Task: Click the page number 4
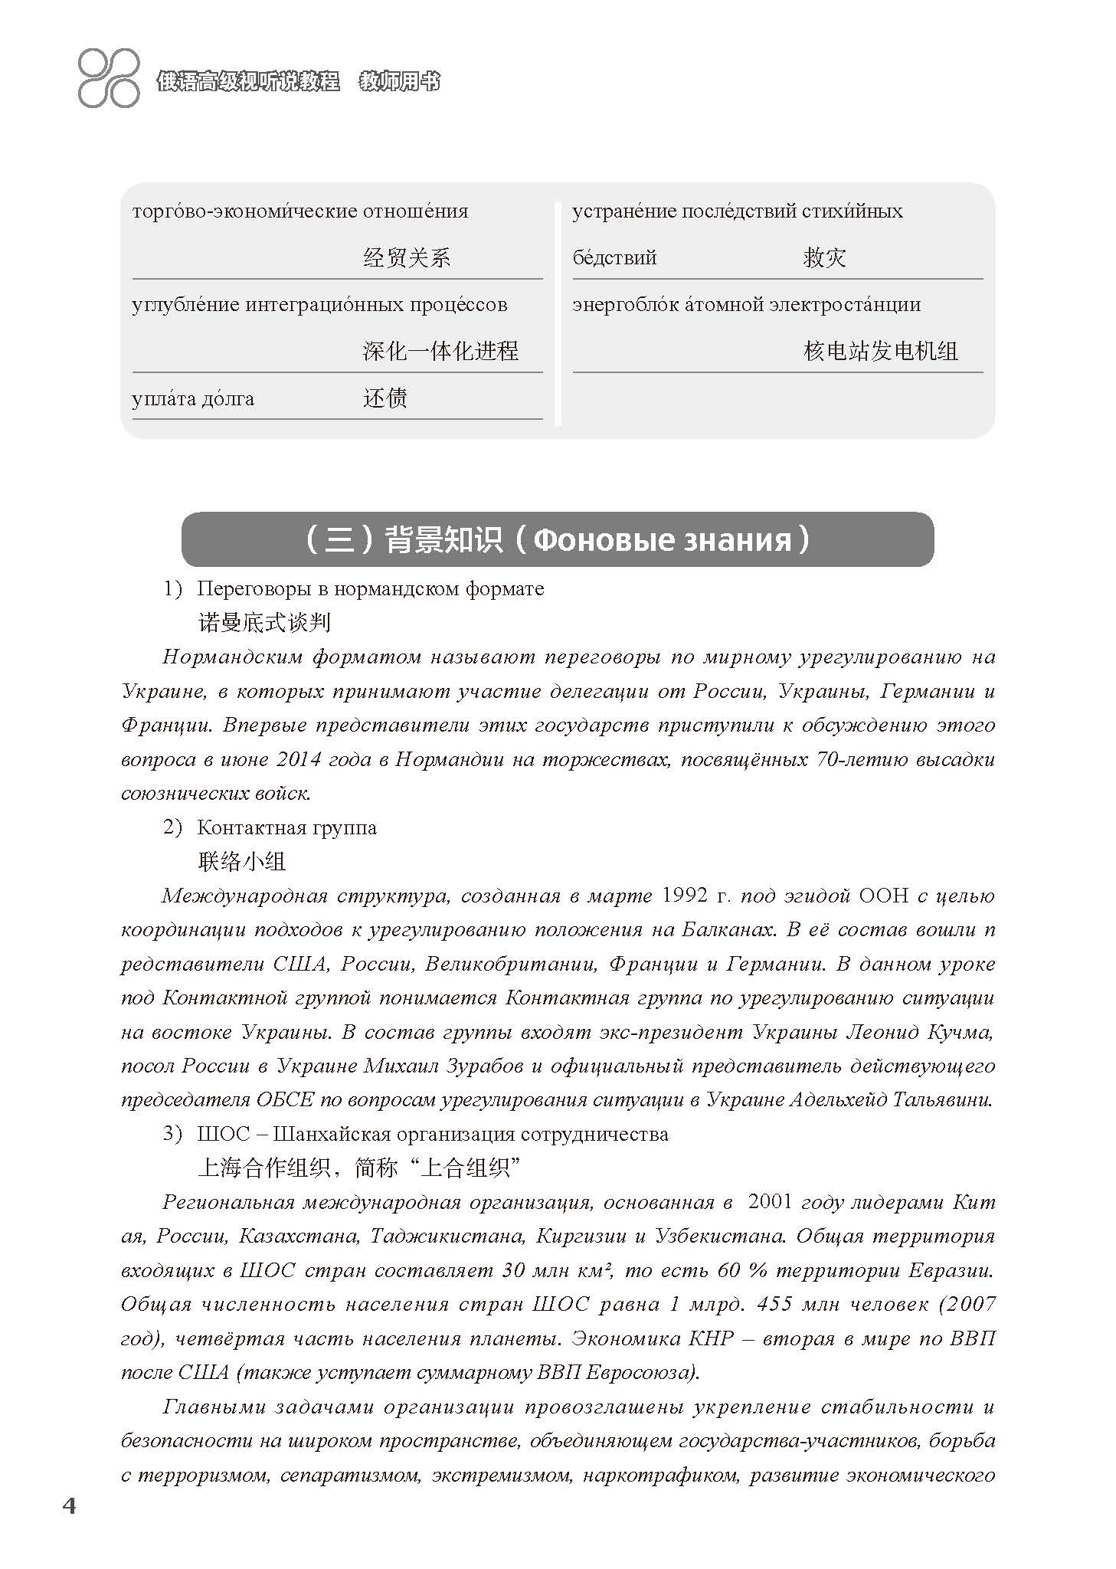tap(69, 1505)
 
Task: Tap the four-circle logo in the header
tap(109, 77)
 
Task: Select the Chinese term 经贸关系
tap(406, 257)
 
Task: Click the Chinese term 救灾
tap(824, 257)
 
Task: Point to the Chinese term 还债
tap(385, 398)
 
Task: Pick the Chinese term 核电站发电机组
tap(880, 351)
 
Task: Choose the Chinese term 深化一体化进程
tap(440, 351)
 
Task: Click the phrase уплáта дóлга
tap(193, 398)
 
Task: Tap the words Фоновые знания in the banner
tap(661, 540)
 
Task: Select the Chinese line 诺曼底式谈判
tap(264, 622)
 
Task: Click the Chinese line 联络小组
tap(242, 861)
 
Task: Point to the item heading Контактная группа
tap(286, 827)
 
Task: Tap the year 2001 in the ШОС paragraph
tap(768, 1201)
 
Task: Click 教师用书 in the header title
tap(399, 82)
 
